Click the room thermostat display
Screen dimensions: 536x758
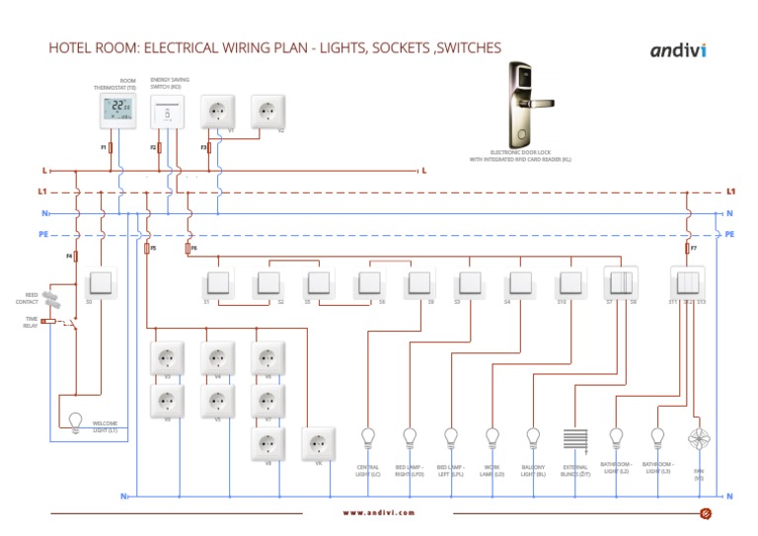(118, 111)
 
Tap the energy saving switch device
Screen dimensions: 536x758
(168, 112)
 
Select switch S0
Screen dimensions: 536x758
(103, 284)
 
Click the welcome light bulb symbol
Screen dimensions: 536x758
(72, 420)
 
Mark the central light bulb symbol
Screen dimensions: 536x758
(369, 436)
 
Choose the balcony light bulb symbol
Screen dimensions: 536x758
(533, 436)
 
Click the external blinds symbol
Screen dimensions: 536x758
(574, 439)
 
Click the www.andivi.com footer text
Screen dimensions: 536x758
(379, 512)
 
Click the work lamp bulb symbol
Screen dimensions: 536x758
(493, 436)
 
